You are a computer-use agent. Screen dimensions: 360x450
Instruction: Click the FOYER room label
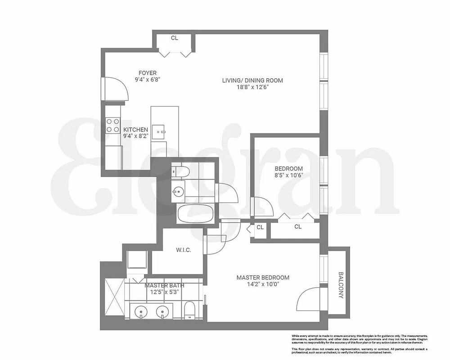point(148,73)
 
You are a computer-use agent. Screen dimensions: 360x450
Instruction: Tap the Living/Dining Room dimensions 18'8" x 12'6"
point(252,88)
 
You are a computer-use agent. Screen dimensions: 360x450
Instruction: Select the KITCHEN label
point(135,130)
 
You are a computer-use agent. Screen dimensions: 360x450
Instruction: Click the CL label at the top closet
point(175,38)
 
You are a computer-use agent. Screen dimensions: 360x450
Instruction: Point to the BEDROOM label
point(288,169)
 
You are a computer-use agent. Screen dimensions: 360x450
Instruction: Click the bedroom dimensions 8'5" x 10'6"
point(288,175)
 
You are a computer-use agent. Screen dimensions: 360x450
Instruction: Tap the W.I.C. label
point(183,250)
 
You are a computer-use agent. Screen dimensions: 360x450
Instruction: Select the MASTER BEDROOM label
point(263,278)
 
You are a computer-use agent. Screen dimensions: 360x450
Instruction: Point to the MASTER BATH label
point(164,285)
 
